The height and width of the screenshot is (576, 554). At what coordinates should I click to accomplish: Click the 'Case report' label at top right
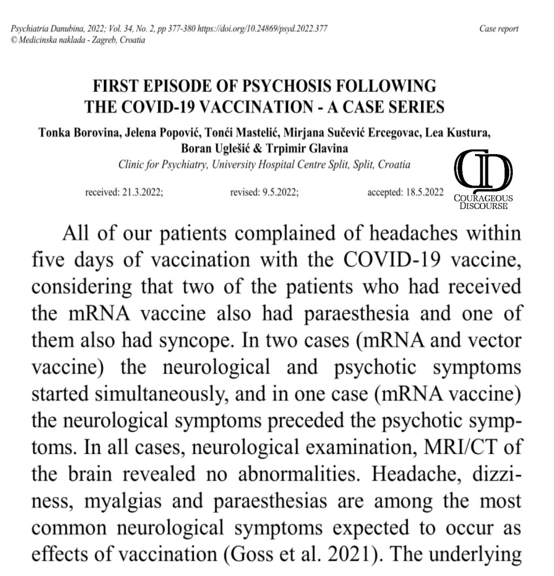499,29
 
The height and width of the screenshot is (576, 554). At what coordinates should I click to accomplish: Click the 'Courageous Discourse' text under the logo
483,202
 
